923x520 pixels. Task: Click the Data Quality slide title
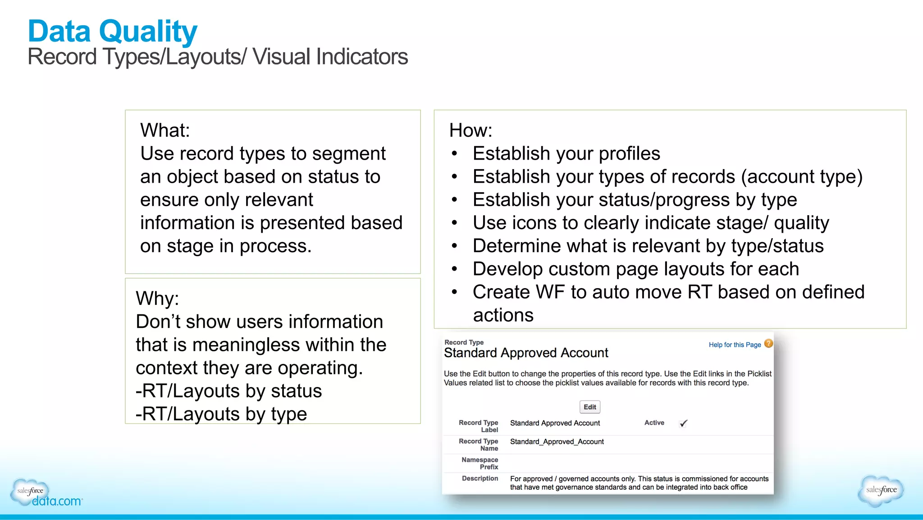pyautogui.click(x=113, y=32)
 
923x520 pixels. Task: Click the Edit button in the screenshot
pyautogui.click(x=589, y=407)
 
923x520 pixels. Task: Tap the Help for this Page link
pyautogui.click(x=735, y=345)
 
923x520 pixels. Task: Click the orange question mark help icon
pyautogui.click(x=768, y=343)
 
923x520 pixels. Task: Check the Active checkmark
pyautogui.click(x=683, y=423)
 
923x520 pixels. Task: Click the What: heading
pyautogui.click(x=165, y=130)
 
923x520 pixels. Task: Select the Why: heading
pyautogui.click(x=157, y=299)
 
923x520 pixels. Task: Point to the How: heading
pyautogui.click(x=471, y=130)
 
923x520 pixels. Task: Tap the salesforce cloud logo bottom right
pyautogui.click(x=881, y=490)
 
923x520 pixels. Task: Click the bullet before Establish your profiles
pyautogui.click(x=454, y=154)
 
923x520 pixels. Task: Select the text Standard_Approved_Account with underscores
pyautogui.click(x=557, y=442)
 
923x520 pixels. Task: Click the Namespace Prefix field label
pyautogui.click(x=480, y=463)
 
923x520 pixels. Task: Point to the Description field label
pyautogui.click(x=480, y=478)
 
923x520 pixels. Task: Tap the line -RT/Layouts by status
pyautogui.click(x=228, y=391)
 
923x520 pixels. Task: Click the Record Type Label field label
pyautogui.click(x=478, y=426)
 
